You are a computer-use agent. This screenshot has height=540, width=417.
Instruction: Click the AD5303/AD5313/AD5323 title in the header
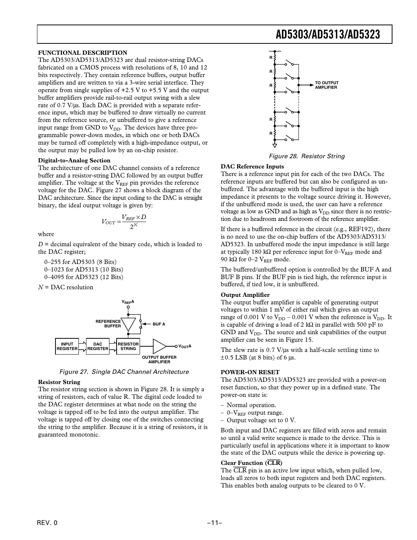[x=328, y=35]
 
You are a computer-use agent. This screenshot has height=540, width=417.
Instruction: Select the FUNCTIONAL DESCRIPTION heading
[x=83, y=53]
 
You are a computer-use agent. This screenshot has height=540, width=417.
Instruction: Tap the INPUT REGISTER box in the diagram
[x=67, y=346]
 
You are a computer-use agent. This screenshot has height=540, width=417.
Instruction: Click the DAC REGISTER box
[x=97, y=346]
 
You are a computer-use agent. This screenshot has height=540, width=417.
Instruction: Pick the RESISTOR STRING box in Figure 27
[x=128, y=346]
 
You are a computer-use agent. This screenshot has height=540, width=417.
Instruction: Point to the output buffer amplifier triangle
[x=159, y=346]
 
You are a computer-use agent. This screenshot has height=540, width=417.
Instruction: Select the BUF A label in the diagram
[x=159, y=324]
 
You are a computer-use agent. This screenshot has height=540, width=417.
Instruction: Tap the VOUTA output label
[x=185, y=346]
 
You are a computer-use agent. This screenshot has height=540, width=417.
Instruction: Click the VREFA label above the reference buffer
[x=128, y=302]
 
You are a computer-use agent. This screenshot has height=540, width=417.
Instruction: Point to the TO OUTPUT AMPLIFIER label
[x=327, y=85]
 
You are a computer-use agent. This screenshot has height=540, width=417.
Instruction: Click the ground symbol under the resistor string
[x=275, y=145]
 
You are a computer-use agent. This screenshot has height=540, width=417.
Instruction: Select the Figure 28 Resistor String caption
[x=306, y=156]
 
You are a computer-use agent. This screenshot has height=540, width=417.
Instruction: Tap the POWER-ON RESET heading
[x=250, y=372]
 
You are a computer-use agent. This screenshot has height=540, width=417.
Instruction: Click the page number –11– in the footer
[x=214, y=523]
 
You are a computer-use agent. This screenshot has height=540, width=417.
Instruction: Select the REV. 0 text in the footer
[x=48, y=523]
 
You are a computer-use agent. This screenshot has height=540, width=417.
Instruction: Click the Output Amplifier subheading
[x=245, y=295]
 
